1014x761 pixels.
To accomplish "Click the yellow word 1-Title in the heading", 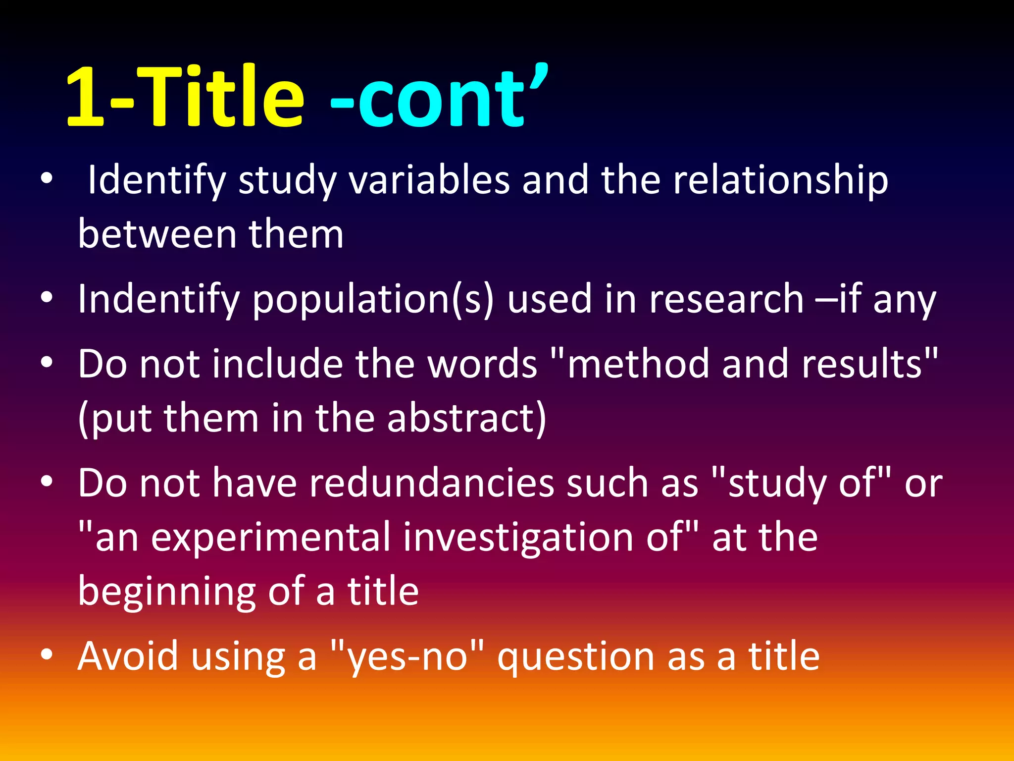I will (184, 97).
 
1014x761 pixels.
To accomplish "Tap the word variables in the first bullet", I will (429, 180).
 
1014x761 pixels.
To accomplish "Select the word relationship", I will (780, 180).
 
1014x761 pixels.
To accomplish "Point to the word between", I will (157, 234).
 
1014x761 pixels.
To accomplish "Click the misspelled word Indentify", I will (158, 299).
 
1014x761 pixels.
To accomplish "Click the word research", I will (726, 299).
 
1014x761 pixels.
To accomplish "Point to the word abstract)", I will (466, 419).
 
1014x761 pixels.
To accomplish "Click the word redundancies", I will (431, 483).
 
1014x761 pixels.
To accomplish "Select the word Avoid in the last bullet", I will (128, 656).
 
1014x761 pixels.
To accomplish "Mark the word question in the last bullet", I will (576, 656).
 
